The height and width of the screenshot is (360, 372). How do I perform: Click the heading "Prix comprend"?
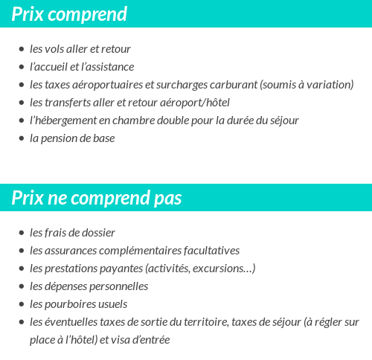(x=69, y=14)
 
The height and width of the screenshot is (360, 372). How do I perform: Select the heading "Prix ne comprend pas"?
(x=96, y=199)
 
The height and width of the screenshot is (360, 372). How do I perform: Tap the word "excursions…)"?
(x=225, y=269)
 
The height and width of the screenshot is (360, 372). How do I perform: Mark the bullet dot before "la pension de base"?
(x=22, y=139)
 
